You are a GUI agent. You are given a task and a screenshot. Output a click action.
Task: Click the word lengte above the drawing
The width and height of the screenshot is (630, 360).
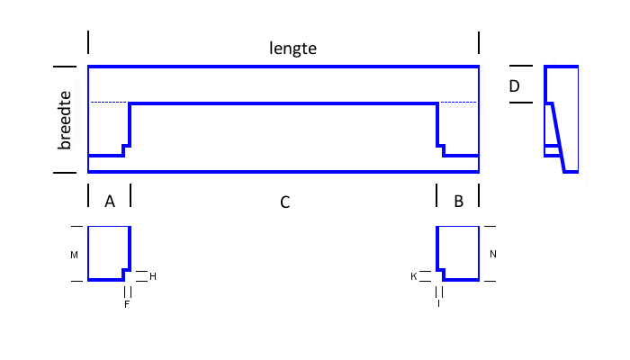click(x=292, y=49)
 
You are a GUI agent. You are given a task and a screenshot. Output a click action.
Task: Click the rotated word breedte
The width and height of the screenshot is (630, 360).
click(x=64, y=120)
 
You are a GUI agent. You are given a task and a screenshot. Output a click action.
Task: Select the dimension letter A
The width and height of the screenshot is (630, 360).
click(x=110, y=202)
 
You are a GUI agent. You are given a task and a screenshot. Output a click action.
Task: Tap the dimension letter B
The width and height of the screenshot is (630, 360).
click(x=458, y=202)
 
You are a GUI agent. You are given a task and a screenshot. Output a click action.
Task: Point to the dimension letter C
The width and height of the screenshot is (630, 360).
click(x=285, y=202)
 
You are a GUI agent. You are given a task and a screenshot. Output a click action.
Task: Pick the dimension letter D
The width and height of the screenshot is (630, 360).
click(x=514, y=86)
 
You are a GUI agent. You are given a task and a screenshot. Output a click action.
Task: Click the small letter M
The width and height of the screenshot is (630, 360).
click(x=75, y=255)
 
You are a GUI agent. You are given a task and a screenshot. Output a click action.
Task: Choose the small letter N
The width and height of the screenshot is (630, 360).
click(x=493, y=254)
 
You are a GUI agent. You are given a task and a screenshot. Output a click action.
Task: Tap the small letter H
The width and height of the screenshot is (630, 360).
click(x=153, y=276)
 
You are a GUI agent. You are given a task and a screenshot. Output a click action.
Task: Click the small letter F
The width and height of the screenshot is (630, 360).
click(x=127, y=304)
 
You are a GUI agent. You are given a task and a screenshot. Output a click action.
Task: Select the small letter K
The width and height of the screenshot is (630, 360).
click(x=414, y=276)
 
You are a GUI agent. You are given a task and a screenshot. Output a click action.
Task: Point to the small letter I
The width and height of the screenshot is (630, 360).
click(x=439, y=304)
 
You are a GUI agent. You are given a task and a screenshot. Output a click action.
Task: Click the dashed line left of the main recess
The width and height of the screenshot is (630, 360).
click(x=109, y=103)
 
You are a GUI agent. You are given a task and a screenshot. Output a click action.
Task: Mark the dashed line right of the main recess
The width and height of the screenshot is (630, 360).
click(x=458, y=103)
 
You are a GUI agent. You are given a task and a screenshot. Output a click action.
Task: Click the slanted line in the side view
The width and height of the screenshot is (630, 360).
click(x=559, y=138)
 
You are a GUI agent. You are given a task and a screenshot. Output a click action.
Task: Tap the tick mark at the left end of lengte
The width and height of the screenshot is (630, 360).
click(x=88, y=42)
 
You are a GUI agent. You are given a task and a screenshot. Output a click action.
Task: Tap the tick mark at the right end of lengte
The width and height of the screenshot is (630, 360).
click(x=479, y=43)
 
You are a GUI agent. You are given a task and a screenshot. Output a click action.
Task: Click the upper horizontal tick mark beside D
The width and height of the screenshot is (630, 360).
click(x=521, y=66)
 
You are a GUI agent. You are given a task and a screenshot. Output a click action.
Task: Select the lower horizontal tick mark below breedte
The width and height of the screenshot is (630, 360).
click(x=65, y=173)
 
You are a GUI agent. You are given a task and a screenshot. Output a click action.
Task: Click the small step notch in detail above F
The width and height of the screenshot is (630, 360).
click(x=126, y=272)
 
